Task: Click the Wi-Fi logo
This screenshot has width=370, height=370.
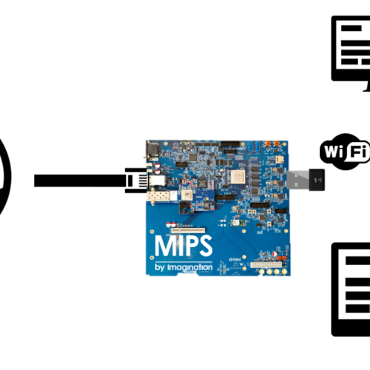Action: (x=345, y=152)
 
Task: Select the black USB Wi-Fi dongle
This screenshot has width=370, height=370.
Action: (x=317, y=178)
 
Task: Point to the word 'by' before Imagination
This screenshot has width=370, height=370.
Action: (x=162, y=267)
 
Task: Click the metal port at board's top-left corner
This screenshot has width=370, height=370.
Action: (x=152, y=150)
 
